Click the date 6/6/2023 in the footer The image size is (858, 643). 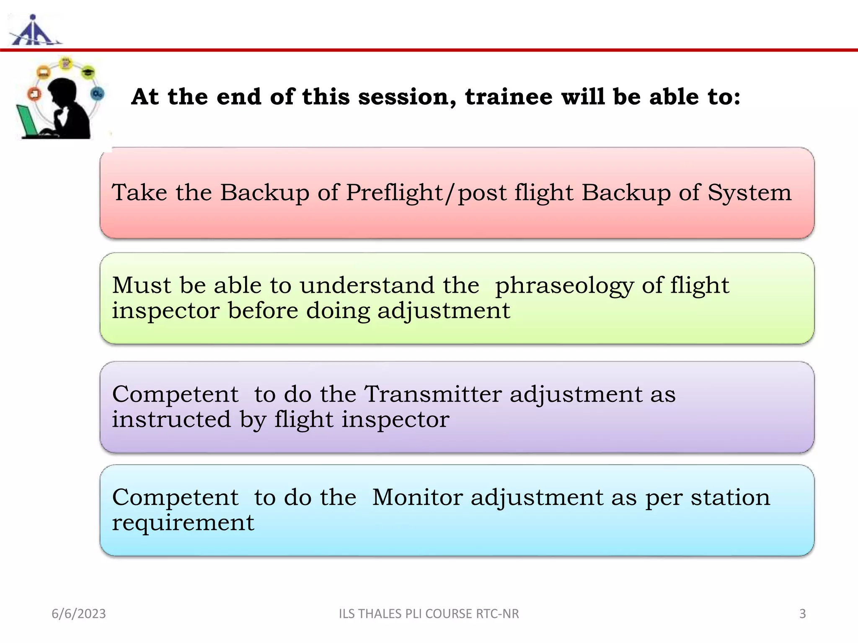[79, 614]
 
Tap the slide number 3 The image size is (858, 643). [802, 614]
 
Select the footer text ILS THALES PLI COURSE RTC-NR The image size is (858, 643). [429, 614]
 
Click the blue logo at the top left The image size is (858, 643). [34, 32]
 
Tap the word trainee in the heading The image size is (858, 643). [509, 97]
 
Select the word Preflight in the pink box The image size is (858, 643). [395, 193]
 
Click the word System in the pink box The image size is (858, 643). [749, 193]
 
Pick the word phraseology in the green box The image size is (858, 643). [564, 286]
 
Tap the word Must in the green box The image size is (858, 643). [142, 285]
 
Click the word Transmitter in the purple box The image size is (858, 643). [433, 394]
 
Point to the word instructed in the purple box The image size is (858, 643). [171, 419]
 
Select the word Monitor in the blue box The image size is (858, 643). [417, 498]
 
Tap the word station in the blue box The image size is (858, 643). [730, 498]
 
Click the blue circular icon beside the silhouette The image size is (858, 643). [97, 94]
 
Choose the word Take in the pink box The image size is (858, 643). [140, 193]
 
